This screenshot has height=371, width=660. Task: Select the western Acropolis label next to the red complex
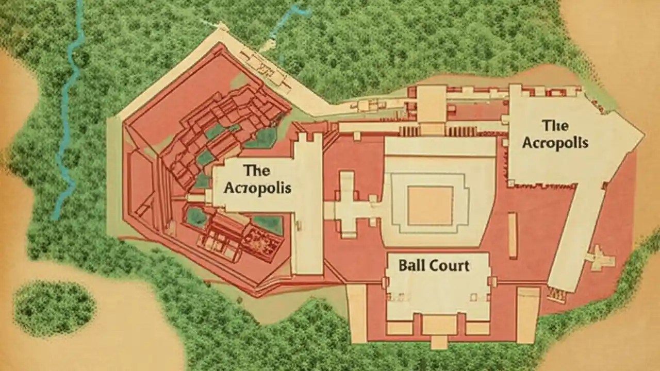257,179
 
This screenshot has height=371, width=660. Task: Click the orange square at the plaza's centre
430,205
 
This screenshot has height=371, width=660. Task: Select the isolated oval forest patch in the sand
54,308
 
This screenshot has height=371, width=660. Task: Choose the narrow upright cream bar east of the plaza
513,235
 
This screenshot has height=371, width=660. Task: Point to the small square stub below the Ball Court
439,342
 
